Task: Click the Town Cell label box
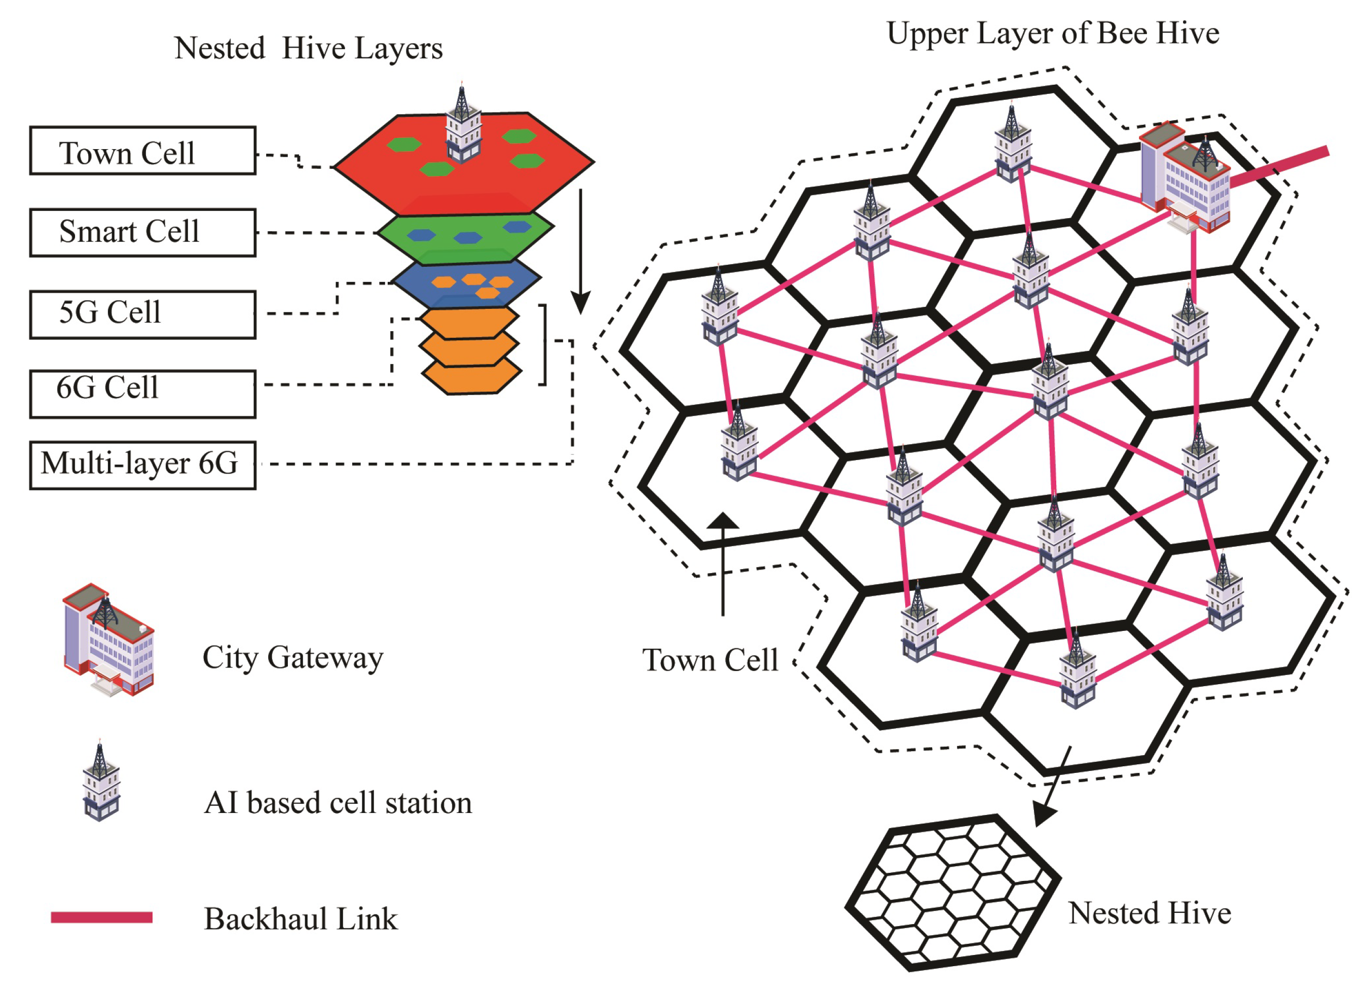click(142, 151)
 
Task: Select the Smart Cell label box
click(142, 232)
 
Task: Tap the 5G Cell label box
click(142, 314)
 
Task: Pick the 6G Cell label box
click(142, 394)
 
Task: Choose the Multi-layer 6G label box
click(142, 465)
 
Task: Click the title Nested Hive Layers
click(308, 48)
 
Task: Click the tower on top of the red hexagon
click(463, 127)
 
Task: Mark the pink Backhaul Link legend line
click(101, 917)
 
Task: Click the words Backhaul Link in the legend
click(301, 918)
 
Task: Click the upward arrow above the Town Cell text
click(723, 561)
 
